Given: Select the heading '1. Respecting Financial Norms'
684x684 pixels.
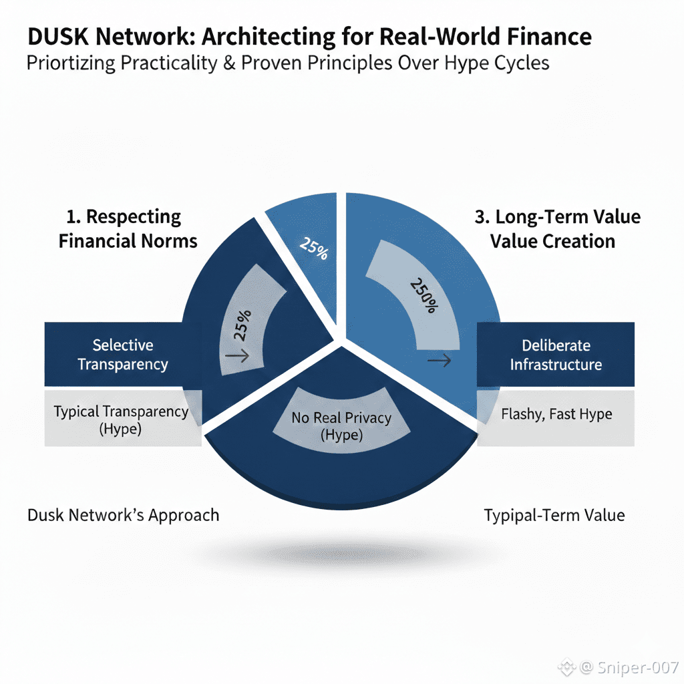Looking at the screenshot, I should [128, 228].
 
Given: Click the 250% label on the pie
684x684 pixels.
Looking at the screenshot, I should [423, 295].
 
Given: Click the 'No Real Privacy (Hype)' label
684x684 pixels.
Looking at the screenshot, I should [341, 426].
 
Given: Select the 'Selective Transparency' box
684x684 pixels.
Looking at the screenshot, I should [122, 355].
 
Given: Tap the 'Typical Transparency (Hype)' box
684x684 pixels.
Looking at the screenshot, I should [121, 420].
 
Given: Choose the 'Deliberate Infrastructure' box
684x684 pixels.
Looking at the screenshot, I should [556, 355].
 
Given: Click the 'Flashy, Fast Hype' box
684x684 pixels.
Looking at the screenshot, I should [556, 414].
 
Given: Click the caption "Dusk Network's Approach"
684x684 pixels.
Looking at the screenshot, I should [123, 515].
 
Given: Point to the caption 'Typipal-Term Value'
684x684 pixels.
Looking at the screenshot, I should [554, 515].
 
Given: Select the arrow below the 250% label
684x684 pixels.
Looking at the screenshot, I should [440, 361].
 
